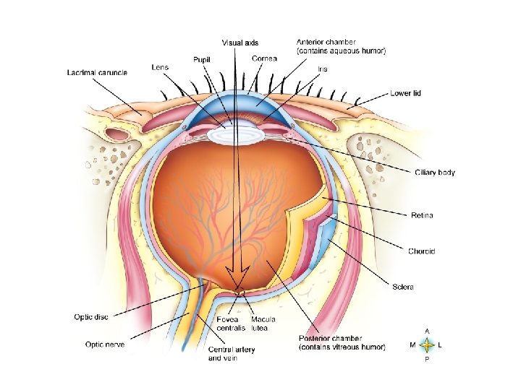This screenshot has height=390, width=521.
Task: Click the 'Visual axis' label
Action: point(240,43)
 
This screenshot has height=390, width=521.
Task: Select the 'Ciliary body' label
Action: point(434,173)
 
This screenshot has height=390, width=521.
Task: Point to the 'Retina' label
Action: point(423,215)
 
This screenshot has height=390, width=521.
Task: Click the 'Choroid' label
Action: point(421,251)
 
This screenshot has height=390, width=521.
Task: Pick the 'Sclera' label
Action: point(402,287)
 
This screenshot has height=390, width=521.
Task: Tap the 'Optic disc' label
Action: point(91,316)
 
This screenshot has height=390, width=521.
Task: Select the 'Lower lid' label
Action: point(405,93)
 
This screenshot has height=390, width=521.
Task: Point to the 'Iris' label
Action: point(322,69)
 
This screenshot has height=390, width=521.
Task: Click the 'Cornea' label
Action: point(263,58)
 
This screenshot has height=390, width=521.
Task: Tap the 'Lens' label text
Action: point(160,67)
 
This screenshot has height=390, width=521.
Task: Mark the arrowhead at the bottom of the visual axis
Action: point(237,279)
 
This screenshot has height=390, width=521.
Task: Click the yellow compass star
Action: point(427,345)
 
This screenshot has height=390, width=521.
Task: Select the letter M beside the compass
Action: point(412,345)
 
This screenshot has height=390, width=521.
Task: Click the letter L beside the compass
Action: point(441,345)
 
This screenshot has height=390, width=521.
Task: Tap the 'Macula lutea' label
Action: point(262,324)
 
